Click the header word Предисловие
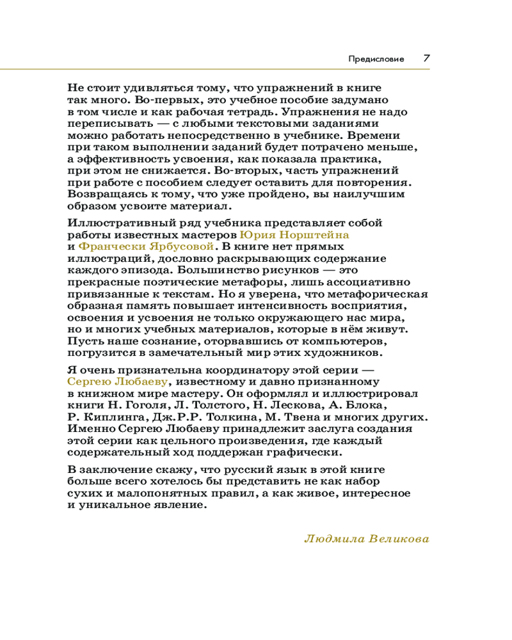tap(376, 59)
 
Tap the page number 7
tap(426, 58)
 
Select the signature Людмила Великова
tap(365, 538)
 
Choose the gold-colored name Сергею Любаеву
tap(117, 381)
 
